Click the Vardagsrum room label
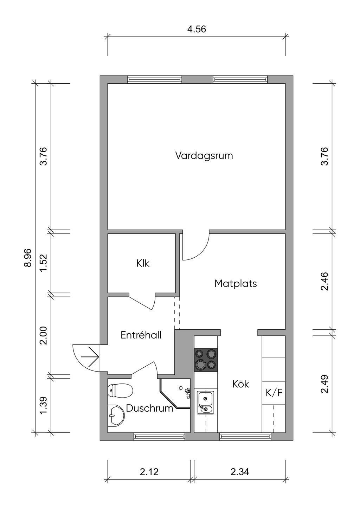204,155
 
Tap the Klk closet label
143,263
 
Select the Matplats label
236,283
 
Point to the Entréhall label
141,335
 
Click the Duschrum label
149,408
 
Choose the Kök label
240,384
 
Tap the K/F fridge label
274,393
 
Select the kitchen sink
205,402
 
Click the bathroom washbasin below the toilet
115,416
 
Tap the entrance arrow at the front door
91,357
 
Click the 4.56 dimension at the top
196,29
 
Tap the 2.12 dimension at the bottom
149,472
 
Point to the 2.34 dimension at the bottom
240,472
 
